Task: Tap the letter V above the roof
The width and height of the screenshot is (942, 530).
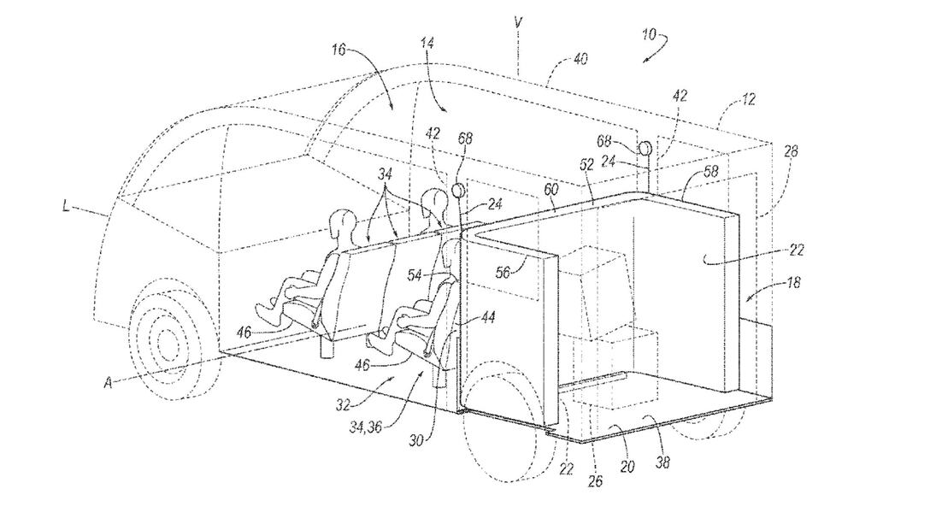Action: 519,21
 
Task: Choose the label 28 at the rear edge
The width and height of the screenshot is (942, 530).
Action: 791,151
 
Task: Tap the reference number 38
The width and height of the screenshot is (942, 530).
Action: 662,464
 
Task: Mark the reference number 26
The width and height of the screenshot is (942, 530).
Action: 595,481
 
